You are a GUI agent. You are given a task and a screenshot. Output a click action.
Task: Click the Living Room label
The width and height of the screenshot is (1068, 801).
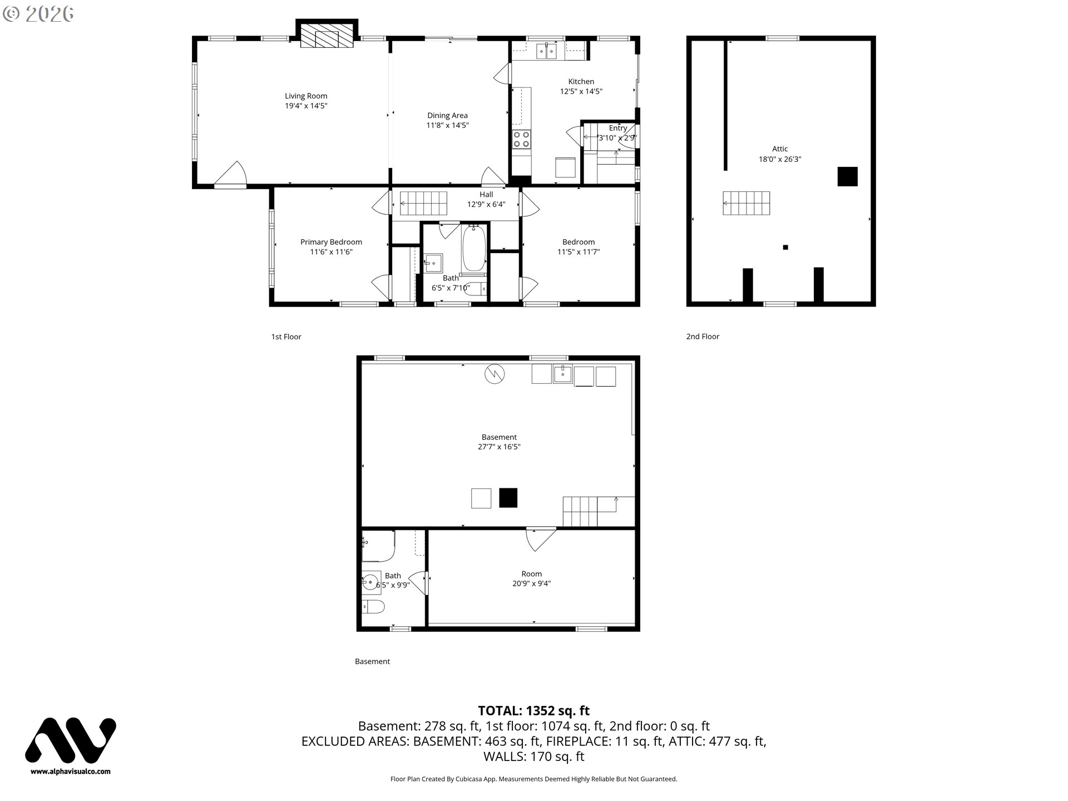pyautogui.click(x=306, y=96)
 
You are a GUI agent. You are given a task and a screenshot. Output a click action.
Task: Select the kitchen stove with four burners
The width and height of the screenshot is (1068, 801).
pyautogui.click(x=521, y=139)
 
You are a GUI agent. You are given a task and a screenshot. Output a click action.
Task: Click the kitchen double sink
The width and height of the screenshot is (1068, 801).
pyautogui.click(x=547, y=51)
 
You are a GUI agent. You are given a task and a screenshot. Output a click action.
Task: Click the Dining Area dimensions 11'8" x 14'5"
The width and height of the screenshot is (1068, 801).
pyautogui.click(x=448, y=126)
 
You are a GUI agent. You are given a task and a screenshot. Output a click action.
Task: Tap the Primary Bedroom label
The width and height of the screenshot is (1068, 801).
pyautogui.click(x=331, y=242)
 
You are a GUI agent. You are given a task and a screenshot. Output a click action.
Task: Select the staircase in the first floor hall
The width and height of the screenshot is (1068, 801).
pyautogui.click(x=424, y=204)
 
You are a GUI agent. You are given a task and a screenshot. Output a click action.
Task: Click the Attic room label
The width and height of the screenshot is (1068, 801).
pyautogui.click(x=780, y=149)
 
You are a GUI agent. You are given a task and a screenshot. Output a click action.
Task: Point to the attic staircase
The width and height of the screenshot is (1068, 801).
pyautogui.click(x=746, y=203)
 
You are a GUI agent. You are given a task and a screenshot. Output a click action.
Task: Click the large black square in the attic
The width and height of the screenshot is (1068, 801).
pyautogui.click(x=848, y=176)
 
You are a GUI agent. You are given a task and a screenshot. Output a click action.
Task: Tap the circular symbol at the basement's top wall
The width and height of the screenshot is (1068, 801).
pyautogui.click(x=495, y=374)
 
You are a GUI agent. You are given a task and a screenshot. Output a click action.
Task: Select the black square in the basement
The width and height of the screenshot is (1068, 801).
pyautogui.click(x=508, y=498)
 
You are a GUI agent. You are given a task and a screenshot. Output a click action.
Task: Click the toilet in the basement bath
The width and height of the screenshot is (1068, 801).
pyautogui.click(x=373, y=606)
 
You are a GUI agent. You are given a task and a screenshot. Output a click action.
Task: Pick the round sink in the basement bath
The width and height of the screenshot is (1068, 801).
pyautogui.click(x=371, y=582)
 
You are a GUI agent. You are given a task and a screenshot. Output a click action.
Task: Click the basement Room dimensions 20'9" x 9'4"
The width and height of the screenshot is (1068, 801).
pyautogui.click(x=532, y=584)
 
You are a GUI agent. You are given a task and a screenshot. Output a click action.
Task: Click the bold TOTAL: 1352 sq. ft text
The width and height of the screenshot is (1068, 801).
pyautogui.click(x=534, y=710)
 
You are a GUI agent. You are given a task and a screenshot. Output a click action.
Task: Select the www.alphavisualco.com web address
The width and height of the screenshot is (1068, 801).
pyautogui.click(x=71, y=772)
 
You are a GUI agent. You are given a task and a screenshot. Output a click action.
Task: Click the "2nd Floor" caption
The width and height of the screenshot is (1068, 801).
pyautogui.click(x=703, y=337)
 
